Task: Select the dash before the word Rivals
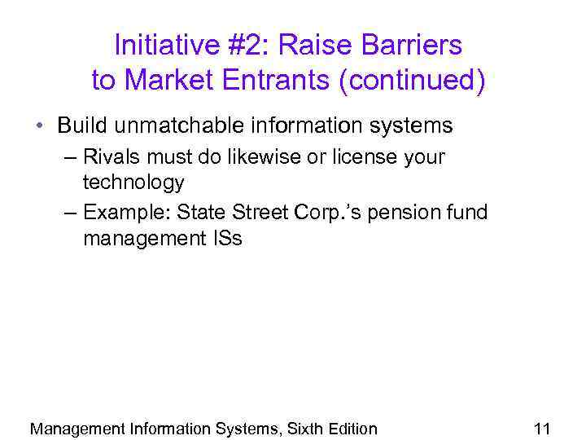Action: click(69, 157)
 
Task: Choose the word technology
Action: click(133, 183)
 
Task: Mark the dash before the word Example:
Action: click(69, 213)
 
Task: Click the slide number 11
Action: click(542, 429)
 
